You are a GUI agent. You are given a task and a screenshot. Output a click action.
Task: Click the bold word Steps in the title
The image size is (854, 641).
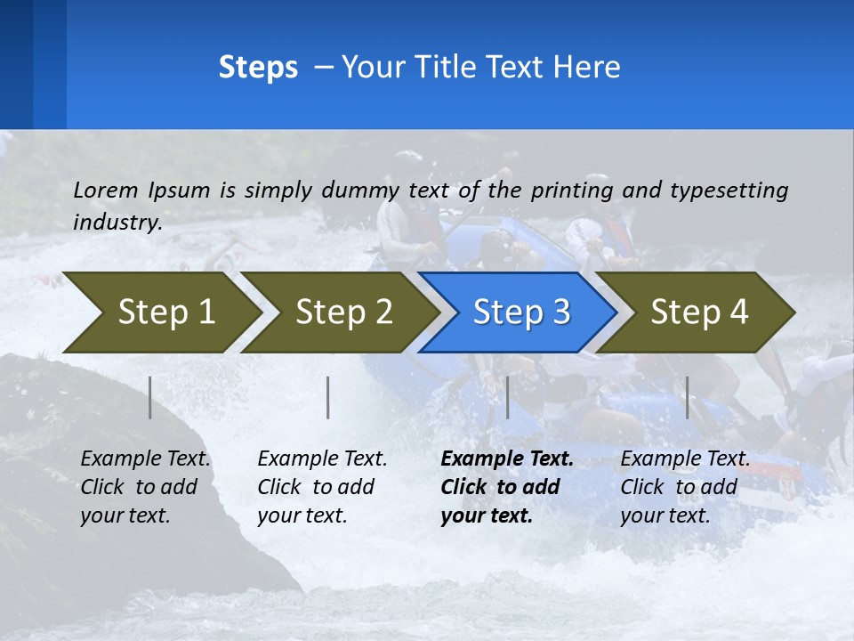[x=258, y=68]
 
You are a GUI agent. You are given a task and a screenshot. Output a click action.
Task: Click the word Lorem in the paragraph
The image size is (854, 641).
[x=106, y=190]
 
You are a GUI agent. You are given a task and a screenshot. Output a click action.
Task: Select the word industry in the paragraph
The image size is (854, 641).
[x=117, y=222]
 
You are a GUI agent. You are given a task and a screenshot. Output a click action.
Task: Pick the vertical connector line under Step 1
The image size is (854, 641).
[x=150, y=397]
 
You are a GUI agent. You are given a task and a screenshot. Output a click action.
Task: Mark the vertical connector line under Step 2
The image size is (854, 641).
[x=328, y=397]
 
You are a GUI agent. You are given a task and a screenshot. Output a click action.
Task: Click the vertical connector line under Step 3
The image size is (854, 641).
[x=507, y=397]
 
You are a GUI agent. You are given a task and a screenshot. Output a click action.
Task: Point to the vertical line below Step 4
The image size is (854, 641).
[x=687, y=397]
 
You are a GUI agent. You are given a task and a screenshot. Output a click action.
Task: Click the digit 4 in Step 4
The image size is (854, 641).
[x=738, y=312]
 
